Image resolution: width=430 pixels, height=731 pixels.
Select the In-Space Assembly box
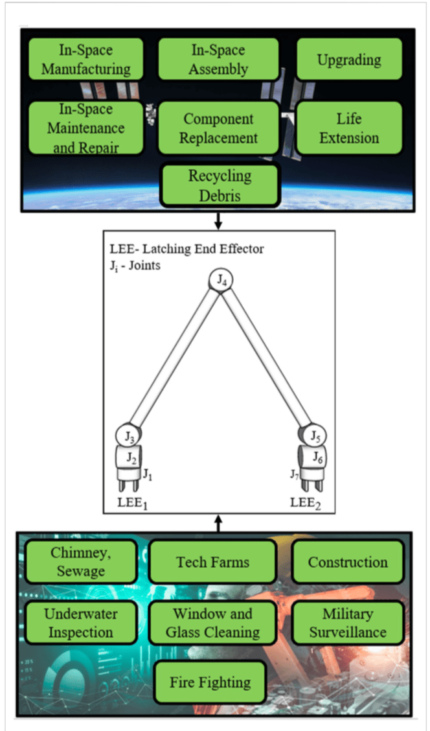(x=218, y=60)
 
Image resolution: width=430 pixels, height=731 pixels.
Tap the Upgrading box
(x=348, y=60)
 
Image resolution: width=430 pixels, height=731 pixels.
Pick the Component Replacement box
(x=218, y=128)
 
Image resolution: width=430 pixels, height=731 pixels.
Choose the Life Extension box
(x=348, y=128)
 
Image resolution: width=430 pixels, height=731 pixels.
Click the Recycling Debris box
(x=220, y=185)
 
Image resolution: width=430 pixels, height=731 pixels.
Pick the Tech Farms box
(x=213, y=561)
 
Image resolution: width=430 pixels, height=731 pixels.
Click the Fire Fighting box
(x=210, y=682)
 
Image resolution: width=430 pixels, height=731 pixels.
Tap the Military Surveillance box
(x=347, y=623)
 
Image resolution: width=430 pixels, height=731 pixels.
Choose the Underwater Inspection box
(x=80, y=623)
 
